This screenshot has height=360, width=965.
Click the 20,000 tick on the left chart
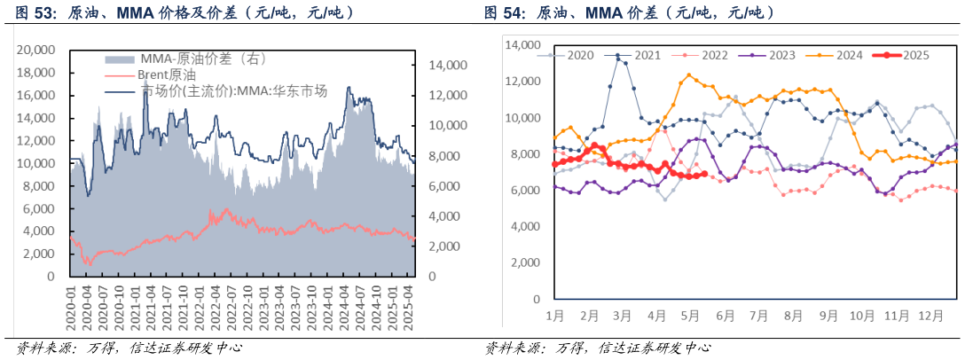37,51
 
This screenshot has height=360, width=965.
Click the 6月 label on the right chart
725,316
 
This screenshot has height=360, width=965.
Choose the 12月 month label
931,316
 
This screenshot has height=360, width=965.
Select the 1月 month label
555,316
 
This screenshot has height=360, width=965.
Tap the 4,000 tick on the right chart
522,227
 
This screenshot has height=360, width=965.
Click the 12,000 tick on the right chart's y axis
519,82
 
